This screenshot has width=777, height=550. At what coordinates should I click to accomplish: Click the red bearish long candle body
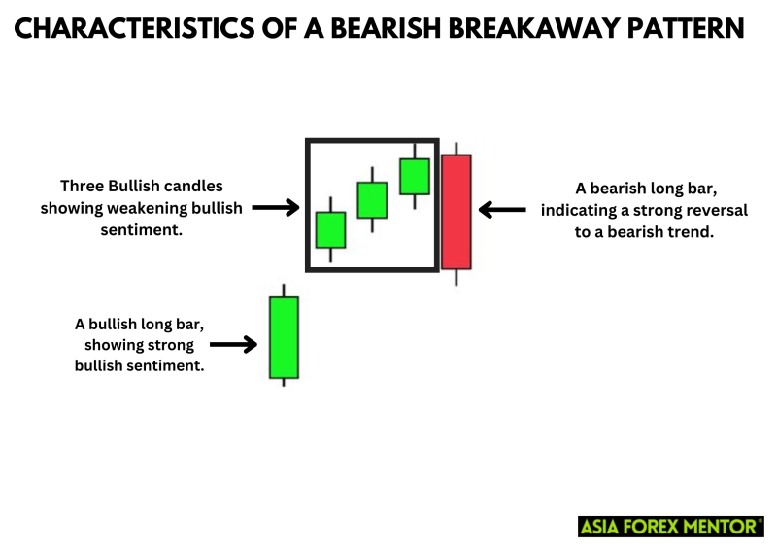456,211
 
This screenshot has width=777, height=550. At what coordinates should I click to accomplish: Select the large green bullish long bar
284,337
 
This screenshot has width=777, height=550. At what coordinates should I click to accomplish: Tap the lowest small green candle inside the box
330,230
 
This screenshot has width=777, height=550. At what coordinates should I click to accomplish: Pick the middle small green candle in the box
372,199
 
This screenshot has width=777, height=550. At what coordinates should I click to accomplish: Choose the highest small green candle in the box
415,176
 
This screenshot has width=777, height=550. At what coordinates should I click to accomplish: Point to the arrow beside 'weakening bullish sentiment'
277,207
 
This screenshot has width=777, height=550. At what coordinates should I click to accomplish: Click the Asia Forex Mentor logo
671,526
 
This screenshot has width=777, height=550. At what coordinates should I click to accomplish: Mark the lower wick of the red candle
456,277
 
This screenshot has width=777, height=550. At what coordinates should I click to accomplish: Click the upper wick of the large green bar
284,291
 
